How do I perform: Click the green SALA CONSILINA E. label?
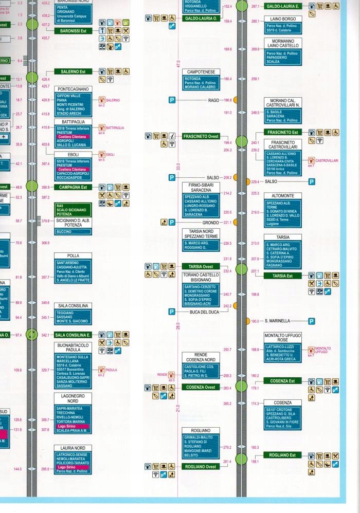73,335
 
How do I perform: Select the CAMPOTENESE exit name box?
201,71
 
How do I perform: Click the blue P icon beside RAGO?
172,100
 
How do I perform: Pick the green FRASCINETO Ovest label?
201,136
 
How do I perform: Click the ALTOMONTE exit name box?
282,196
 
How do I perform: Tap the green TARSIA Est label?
282,276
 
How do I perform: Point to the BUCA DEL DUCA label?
204,312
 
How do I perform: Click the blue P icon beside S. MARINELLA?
311,321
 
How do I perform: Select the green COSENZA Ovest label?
201,387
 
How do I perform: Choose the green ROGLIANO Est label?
282,455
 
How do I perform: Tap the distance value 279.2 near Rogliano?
227,448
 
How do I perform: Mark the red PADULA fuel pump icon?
101,370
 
